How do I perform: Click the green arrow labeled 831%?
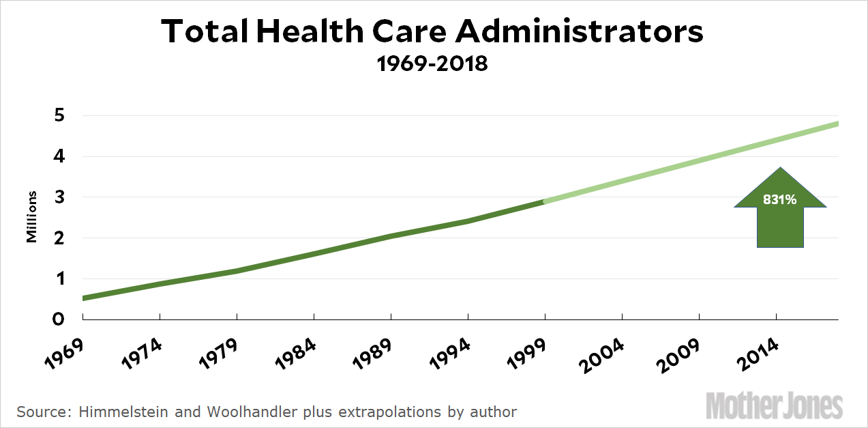pos(781,208)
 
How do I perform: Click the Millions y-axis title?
pos(31,217)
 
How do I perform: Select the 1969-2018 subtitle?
pos(432,65)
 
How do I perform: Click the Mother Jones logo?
pos(774,405)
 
